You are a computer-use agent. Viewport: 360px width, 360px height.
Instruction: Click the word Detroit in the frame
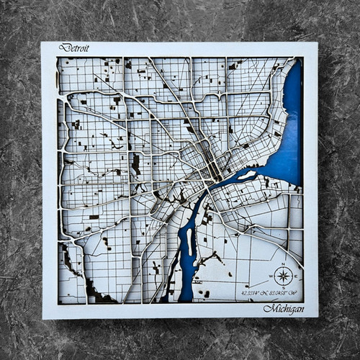point(74,48)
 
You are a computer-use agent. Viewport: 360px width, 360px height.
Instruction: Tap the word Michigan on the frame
point(283,309)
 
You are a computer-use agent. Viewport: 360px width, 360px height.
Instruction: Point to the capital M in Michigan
point(269,309)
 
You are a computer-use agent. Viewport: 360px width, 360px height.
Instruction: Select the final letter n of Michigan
point(301,309)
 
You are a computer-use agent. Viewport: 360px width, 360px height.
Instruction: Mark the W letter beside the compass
point(271,276)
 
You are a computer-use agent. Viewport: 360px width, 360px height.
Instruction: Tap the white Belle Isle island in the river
point(246,175)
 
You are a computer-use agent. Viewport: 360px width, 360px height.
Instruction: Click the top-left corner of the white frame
point(42,42)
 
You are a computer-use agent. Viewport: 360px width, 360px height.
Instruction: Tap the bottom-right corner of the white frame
point(318,318)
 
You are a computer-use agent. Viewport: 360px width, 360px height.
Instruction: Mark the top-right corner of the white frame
point(318,42)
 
